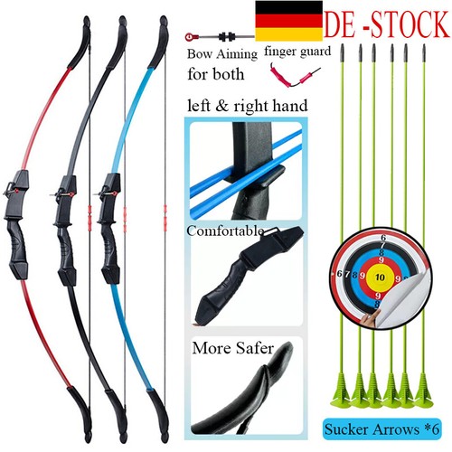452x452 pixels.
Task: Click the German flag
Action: coord(288,21)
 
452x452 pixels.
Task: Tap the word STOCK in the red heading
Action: coord(410,24)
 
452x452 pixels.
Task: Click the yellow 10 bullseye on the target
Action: coord(380,277)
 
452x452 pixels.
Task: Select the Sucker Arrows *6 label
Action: coord(382,428)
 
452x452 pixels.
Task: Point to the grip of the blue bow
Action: coord(109,246)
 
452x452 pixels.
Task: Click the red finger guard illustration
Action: coord(294,76)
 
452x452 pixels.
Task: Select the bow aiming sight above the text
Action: coord(220,37)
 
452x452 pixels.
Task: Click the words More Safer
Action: coord(233,348)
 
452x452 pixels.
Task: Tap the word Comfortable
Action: coord(225,231)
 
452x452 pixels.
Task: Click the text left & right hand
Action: coord(248,106)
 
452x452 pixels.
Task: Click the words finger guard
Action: coord(297,52)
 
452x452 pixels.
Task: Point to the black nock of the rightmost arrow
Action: coord(424,53)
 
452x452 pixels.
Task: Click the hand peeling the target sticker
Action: coord(370,319)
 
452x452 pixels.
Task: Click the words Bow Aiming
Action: coord(222,54)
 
